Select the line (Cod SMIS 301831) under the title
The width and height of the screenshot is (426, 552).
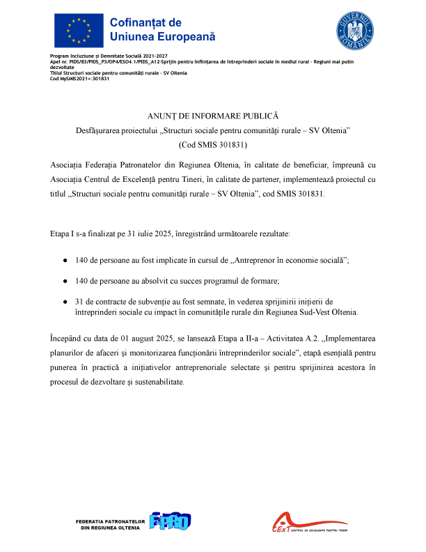[x=213, y=146]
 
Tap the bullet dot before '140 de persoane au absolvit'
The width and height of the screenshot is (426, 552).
[x=65, y=280]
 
